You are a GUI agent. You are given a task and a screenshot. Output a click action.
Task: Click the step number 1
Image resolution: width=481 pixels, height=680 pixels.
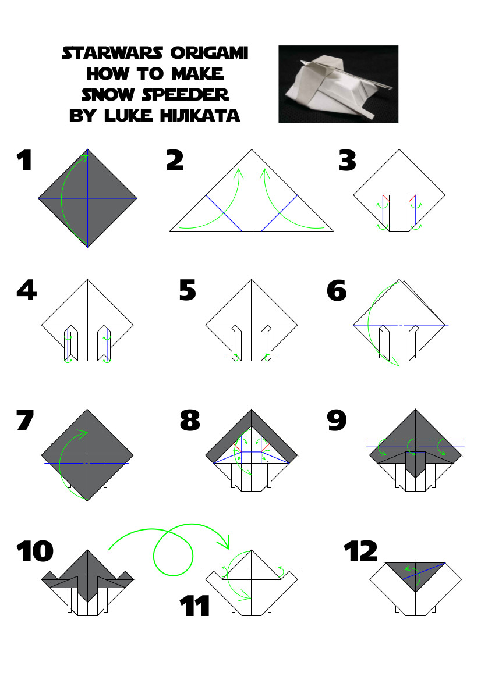click(24, 161)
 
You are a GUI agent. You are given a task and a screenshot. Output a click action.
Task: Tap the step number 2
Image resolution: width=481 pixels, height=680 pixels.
click(175, 161)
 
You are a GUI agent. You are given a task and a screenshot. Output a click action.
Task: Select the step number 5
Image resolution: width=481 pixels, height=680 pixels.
click(188, 290)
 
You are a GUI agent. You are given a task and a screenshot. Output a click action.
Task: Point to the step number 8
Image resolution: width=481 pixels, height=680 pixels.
click(190, 420)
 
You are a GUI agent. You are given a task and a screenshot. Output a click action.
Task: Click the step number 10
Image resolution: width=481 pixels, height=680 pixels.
click(35, 551)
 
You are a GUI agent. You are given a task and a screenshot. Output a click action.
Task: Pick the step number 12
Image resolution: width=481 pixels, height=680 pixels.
click(361, 551)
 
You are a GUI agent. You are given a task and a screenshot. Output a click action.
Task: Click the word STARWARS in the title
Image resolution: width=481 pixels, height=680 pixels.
click(112, 53)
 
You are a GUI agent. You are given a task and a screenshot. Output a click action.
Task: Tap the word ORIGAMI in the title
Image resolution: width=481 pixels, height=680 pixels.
click(209, 53)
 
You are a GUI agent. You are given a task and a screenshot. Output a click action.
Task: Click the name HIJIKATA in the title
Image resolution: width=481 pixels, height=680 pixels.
click(200, 115)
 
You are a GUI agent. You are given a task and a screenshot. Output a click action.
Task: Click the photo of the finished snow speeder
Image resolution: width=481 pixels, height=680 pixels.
click(338, 84)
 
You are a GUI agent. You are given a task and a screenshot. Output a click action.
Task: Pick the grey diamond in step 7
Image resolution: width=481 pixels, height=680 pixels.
click(87, 454)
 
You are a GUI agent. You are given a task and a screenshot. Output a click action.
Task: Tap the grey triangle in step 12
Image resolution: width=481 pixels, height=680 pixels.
click(415, 574)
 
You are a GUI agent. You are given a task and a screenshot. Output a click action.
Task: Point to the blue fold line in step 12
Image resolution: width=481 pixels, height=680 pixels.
click(424, 571)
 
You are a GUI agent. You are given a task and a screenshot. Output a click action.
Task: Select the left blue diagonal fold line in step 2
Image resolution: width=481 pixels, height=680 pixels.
click(224, 213)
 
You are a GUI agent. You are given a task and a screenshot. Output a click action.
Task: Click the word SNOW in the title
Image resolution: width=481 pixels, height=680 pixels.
click(108, 95)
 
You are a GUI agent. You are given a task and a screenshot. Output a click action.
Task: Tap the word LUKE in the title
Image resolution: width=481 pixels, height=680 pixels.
click(129, 115)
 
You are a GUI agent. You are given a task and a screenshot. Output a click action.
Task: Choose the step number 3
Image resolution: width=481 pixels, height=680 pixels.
click(348, 161)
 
